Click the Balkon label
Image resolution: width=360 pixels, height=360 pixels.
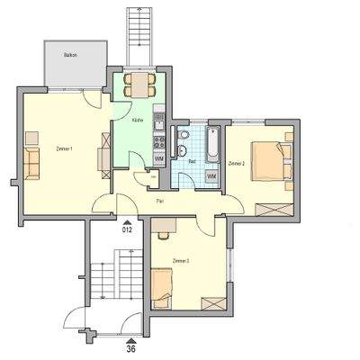click(70, 56)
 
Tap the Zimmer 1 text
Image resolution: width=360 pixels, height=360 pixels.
click(63, 148)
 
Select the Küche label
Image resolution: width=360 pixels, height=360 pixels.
click(138, 120)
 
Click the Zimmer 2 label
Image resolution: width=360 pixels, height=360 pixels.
click(237, 164)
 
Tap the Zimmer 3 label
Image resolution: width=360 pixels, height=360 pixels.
click(180, 260)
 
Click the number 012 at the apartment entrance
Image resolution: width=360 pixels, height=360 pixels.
click(128, 229)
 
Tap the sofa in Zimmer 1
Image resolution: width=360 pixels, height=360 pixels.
click(32, 162)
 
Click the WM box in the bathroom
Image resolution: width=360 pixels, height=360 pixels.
click(211, 176)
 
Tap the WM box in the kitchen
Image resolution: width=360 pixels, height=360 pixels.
click(158, 159)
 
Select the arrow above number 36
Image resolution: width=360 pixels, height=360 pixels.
click(130, 337)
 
